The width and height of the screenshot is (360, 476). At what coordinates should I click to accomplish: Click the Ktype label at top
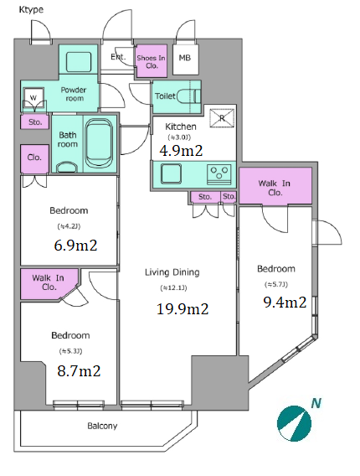[x=31, y=10]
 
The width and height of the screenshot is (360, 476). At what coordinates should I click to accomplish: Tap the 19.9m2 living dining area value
[x=183, y=309]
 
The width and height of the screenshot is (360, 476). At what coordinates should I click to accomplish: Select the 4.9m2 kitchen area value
[x=181, y=151]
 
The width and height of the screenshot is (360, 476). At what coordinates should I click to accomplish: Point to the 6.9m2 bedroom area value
[x=75, y=245]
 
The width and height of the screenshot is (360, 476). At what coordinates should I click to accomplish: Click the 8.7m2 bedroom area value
[x=79, y=371]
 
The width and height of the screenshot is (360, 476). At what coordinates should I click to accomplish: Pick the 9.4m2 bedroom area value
[x=285, y=303]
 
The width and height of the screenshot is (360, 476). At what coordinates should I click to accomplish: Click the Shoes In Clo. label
[x=151, y=62]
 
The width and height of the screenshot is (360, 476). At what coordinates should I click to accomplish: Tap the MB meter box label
[x=185, y=58]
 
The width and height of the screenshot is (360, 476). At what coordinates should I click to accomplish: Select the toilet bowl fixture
[x=188, y=96]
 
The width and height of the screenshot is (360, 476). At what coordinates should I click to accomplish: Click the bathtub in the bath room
[x=98, y=143]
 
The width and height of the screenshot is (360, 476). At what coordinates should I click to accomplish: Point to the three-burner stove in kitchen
[x=219, y=174]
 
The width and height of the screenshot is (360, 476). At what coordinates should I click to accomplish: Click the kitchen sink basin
[x=171, y=173]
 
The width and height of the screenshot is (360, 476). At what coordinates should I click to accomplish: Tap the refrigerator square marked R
[x=222, y=118]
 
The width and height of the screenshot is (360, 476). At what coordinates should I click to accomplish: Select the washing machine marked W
[x=33, y=98]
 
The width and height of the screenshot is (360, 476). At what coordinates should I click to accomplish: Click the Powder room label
[x=74, y=94]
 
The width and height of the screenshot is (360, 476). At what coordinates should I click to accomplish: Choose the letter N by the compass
[x=316, y=403]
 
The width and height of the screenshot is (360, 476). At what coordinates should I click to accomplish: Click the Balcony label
[x=102, y=426]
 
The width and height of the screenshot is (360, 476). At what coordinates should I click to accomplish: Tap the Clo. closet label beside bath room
[x=34, y=158]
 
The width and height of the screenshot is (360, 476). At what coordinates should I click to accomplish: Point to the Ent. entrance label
[x=118, y=57]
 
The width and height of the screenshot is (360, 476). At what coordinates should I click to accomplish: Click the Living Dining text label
[x=172, y=272]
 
